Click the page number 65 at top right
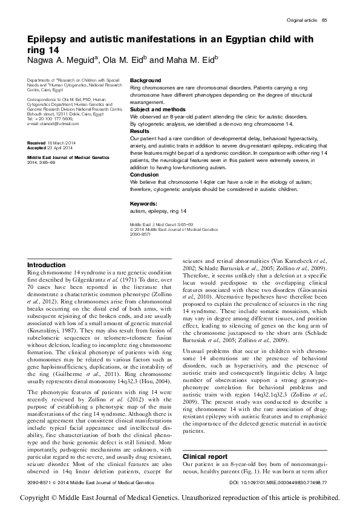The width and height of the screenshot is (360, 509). [324, 21]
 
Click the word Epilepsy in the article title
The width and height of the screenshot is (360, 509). [50, 39]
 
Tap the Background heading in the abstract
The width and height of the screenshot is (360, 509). [146, 80]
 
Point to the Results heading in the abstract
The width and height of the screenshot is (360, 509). [140, 131]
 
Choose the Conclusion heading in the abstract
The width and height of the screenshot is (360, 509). [145, 174]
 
